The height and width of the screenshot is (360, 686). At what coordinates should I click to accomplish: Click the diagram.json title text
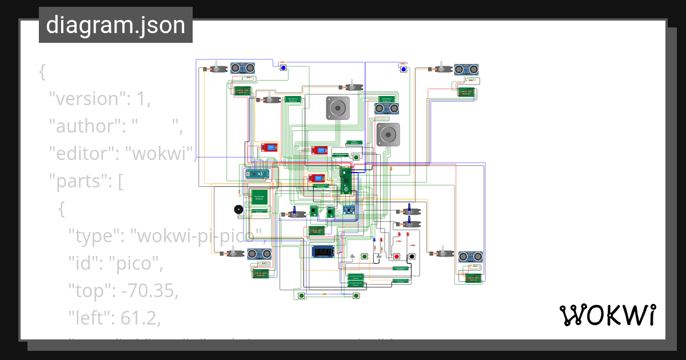(115, 25)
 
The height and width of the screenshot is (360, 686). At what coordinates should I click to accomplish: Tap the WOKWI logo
(607, 315)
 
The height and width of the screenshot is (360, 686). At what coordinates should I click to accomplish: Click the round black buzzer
(238, 210)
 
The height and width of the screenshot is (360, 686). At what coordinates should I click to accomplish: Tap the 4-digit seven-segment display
(323, 251)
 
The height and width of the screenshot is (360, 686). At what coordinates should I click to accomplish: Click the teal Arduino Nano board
(258, 174)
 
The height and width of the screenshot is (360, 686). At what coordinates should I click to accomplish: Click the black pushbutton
(410, 256)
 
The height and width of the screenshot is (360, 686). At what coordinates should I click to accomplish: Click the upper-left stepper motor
(337, 108)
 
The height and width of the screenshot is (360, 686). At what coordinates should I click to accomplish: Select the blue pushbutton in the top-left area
(283, 68)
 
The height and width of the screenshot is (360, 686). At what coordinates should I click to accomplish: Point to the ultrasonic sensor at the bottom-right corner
(472, 256)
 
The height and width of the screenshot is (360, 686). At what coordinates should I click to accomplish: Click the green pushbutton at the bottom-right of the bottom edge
(356, 295)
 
